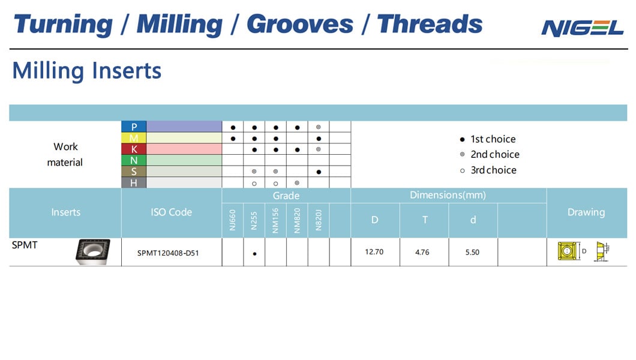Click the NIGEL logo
point(582,28)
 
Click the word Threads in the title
point(430,24)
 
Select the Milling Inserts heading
point(87,71)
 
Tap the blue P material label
point(134,127)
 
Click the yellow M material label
point(134,138)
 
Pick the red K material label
point(134,149)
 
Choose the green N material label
point(134,160)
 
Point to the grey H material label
point(134,183)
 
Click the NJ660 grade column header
point(232,220)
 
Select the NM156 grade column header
point(275,220)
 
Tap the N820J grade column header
point(319,220)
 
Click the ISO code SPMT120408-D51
point(168,253)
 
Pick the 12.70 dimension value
point(374,252)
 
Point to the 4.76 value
point(422,252)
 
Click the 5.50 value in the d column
point(472,252)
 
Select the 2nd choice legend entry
point(490,154)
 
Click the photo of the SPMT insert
point(93,252)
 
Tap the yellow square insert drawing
point(567,251)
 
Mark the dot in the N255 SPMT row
point(255,254)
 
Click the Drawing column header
point(586,212)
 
